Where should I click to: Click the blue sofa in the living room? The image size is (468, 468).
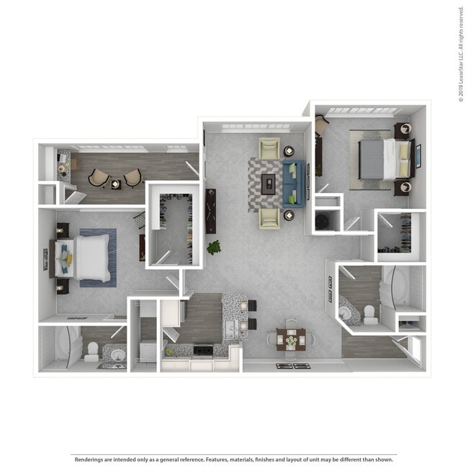294,184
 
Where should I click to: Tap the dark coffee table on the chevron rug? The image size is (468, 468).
269,184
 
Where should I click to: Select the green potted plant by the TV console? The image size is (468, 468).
214,248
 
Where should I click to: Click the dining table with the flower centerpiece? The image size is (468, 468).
291,339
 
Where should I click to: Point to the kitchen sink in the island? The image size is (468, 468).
230,329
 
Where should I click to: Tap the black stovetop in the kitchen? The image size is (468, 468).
203,349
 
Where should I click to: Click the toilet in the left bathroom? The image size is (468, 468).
91,352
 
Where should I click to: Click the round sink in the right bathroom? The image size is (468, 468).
346,312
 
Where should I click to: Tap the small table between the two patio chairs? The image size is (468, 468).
115,184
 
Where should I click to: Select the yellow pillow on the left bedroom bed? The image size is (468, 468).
69,258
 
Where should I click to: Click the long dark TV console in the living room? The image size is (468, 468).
211,211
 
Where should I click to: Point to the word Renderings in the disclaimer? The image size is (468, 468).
87,459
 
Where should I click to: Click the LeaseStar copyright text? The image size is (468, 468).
461,54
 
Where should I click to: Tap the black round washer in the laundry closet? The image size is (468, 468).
323,220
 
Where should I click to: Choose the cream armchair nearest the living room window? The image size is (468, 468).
269,148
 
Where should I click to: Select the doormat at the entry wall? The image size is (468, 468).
293,366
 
